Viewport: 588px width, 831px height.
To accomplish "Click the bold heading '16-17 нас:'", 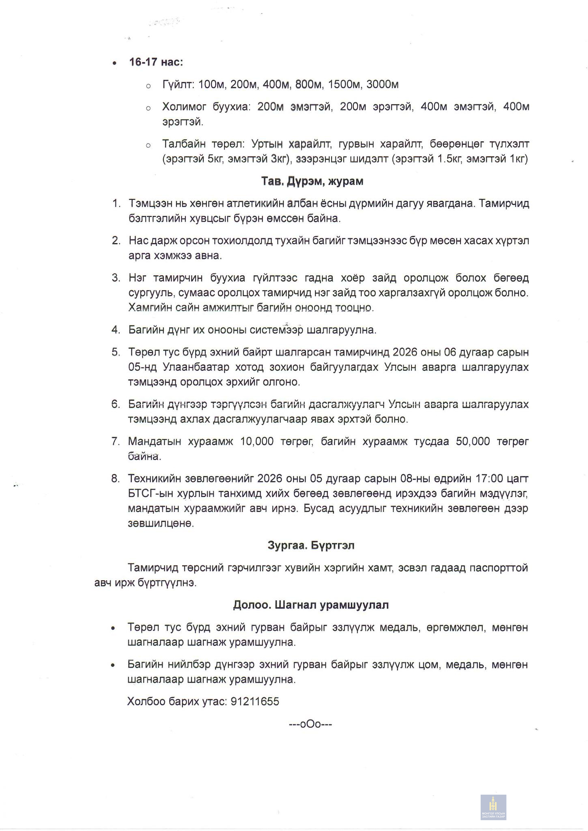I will coord(156,62).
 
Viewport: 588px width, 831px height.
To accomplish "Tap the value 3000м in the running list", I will coord(382,84).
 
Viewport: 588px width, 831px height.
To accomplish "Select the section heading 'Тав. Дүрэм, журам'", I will coord(312,181).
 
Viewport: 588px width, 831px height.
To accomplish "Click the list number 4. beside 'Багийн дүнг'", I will coord(116,330).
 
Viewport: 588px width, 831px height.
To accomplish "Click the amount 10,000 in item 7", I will coord(257,441).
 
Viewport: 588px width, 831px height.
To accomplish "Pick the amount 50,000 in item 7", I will coord(473,441).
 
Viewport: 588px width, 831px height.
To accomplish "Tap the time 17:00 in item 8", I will coord(489,479).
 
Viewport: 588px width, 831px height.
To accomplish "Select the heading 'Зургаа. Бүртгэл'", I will coord(311,545).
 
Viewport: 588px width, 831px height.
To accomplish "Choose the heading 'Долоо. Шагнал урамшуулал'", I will coord(311,605).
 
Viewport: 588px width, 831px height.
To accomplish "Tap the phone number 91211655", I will coord(255,702).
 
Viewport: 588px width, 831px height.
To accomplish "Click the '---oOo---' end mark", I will coord(310,724).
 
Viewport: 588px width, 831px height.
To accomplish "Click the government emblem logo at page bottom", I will coord(493,807).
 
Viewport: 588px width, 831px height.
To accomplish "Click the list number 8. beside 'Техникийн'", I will coord(115,479).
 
